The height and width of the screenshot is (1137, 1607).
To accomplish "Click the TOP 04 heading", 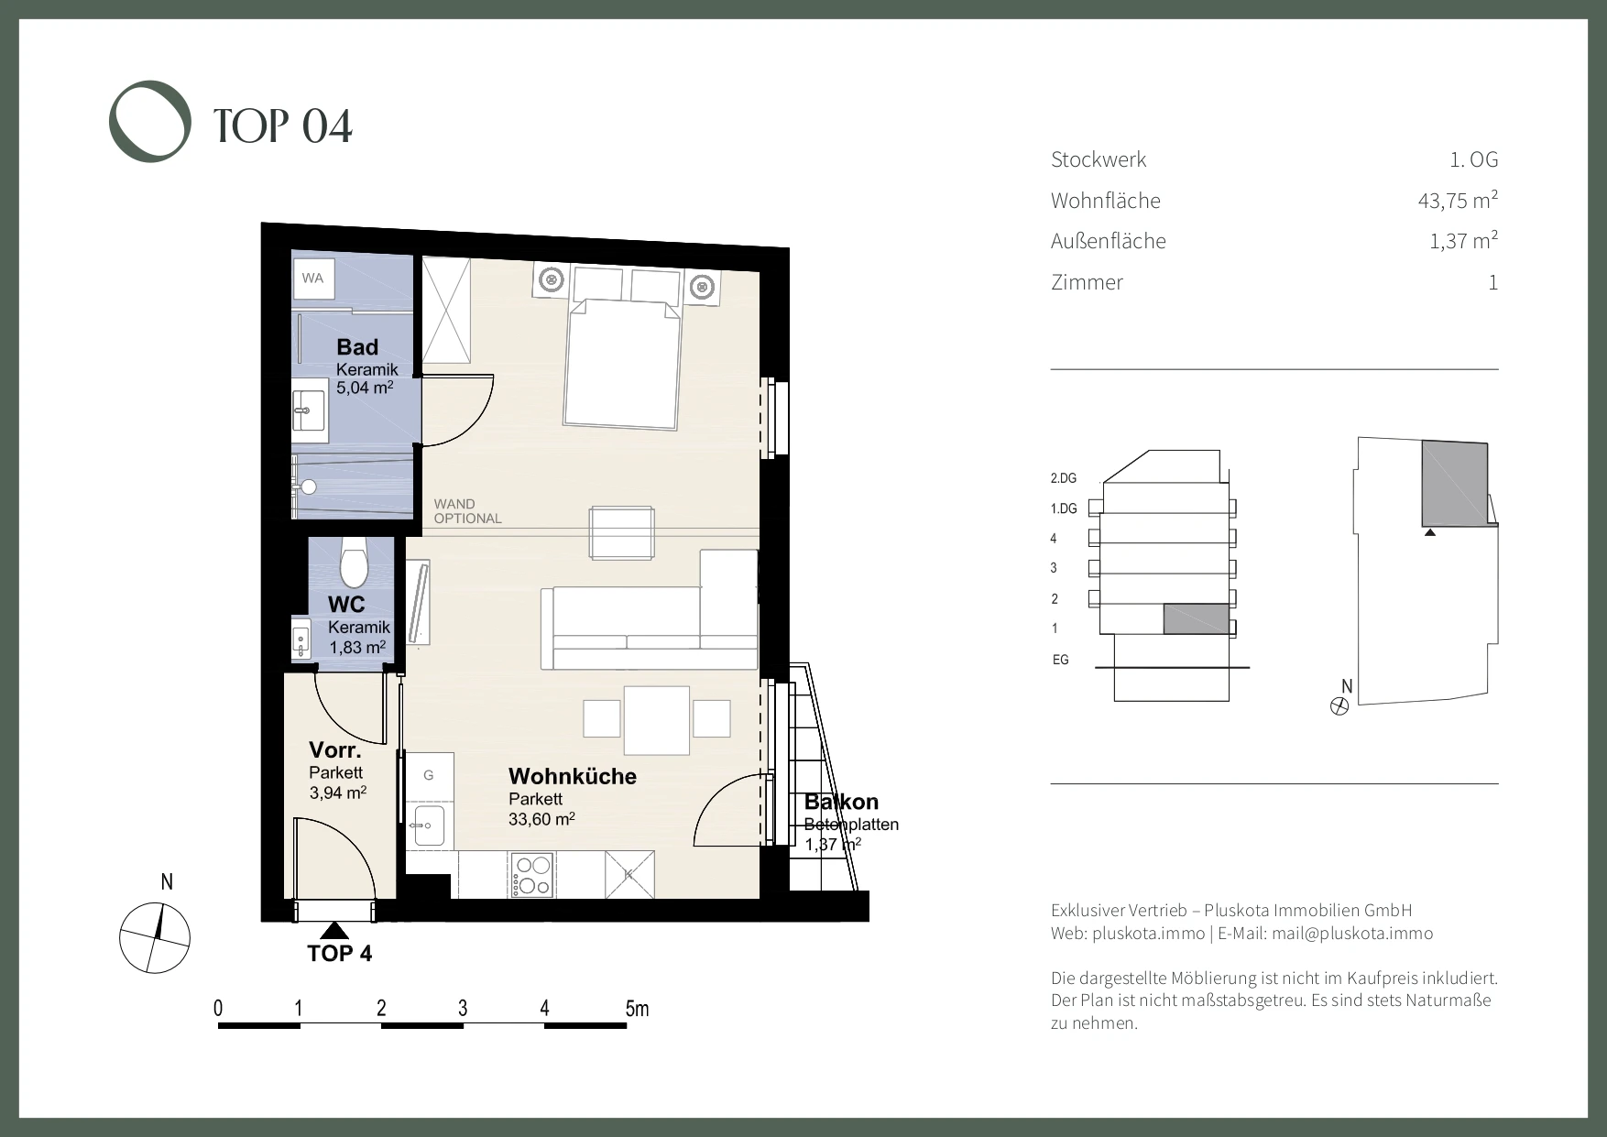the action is (x=283, y=126).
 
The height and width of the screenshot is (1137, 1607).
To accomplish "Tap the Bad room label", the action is (x=357, y=347).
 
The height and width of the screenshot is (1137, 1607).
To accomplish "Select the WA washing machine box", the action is (x=313, y=278).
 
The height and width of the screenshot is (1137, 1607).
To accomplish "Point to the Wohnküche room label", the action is (x=573, y=776).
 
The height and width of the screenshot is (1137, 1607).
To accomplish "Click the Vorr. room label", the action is (x=335, y=751).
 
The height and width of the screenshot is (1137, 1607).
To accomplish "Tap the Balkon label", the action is (x=841, y=803).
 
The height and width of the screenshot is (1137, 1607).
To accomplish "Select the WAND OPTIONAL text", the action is (x=467, y=511).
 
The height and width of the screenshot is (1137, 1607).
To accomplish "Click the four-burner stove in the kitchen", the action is (x=532, y=874).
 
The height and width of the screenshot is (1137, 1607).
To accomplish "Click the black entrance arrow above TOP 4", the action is (x=335, y=931).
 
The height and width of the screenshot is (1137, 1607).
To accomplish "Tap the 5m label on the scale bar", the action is (x=637, y=1009).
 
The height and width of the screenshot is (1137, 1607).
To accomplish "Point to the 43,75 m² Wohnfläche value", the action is (x=1458, y=200).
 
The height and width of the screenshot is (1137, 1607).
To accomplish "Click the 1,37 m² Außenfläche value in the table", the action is (x=1463, y=241).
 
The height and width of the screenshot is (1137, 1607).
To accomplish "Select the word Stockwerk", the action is (x=1099, y=159).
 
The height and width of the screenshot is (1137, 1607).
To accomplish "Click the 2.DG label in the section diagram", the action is (x=1063, y=478).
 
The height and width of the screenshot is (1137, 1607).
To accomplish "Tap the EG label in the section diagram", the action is (x=1061, y=660).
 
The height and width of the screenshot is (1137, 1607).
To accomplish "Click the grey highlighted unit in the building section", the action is (x=1197, y=619).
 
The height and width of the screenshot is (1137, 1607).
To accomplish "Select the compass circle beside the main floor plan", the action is (x=155, y=938).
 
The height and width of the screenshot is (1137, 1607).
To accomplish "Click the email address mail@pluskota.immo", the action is (x=1352, y=934).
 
